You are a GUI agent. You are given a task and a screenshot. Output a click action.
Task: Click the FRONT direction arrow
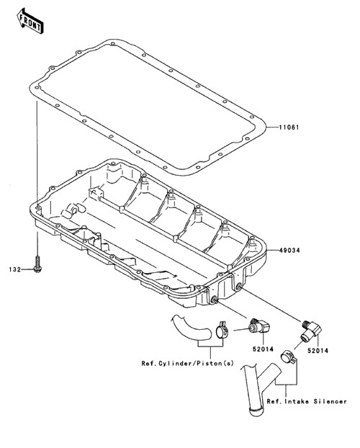[x=30, y=21]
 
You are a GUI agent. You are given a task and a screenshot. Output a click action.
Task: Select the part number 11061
[x=289, y=127]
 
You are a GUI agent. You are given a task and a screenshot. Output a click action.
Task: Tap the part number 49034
[x=289, y=251]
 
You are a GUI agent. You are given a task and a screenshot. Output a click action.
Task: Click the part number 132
[x=15, y=269]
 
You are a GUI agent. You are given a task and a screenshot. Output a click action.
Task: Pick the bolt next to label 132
[x=37, y=264]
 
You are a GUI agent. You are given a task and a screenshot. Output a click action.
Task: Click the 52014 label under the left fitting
[x=263, y=349]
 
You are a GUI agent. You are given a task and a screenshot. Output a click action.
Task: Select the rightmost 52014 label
[x=318, y=350]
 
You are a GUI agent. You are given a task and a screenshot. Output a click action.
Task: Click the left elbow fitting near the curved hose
[x=258, y=326]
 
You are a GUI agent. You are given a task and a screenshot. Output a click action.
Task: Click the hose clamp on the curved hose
[x=222, y=331]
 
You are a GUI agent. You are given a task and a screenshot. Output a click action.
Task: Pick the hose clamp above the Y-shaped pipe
[x=288, y=357]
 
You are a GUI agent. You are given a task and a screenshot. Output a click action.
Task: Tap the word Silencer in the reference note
[x=330, y=401]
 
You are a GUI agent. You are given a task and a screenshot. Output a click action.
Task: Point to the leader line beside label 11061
[x=272, y=127]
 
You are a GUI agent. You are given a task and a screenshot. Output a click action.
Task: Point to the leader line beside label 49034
[x=273, y=250]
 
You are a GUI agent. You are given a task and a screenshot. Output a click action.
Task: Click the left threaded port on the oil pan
[x=214, y=299]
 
